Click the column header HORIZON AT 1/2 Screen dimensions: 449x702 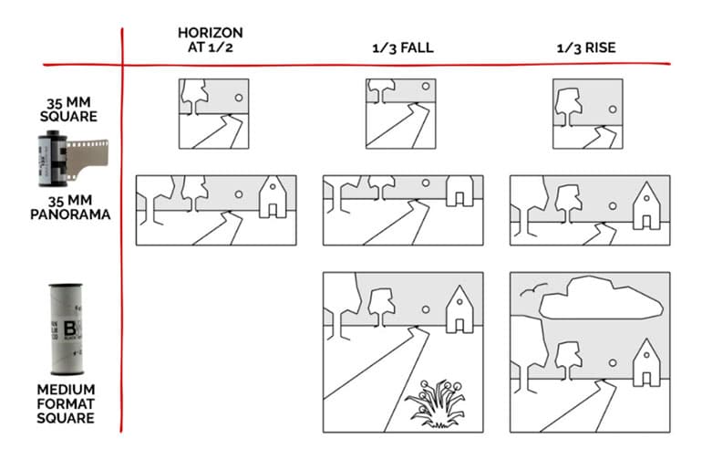pos(210,40)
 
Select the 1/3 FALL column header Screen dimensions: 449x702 pos(402,47)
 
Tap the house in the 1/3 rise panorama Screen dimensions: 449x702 pos(646,206)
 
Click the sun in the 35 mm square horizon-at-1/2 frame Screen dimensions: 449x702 pos(239,97)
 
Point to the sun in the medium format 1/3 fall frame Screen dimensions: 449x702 pos(425,310)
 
